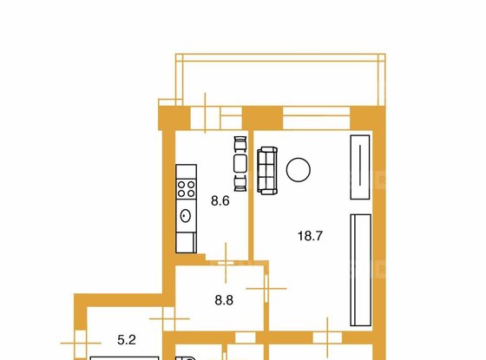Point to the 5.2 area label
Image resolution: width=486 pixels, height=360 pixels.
click(128, 342)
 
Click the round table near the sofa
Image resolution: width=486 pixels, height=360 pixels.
click(299, 170)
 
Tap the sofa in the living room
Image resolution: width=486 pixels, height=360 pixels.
click(267, 170)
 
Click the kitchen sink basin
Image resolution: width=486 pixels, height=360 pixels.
click(186, 215)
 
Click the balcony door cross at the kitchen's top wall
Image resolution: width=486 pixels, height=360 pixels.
click(204, 116)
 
